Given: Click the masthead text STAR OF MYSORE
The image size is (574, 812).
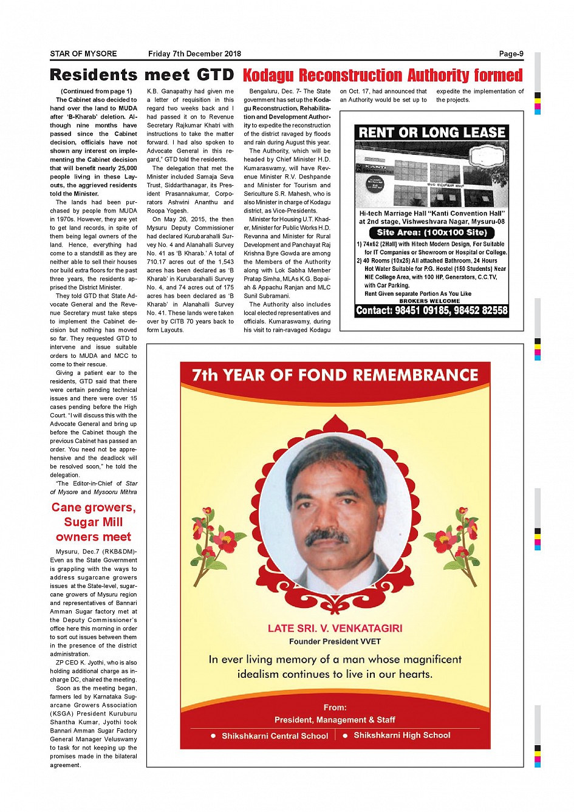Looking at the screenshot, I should click(83, 54).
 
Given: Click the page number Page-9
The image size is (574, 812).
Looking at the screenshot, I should click(511, 54).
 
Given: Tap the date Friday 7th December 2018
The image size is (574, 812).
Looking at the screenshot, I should click(194, 54).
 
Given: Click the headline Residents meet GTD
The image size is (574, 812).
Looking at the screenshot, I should click(142, 75).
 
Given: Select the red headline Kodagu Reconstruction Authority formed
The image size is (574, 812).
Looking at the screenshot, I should click(383, 75).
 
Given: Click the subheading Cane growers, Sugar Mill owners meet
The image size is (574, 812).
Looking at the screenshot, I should click(94, 522).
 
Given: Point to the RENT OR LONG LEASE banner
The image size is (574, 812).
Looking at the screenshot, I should click(432, 132).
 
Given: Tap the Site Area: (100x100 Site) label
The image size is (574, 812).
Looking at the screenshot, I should click(431, 233).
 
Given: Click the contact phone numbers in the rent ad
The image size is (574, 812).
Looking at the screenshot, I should click(432, 310).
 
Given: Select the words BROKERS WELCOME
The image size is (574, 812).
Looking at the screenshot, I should click(429, 301).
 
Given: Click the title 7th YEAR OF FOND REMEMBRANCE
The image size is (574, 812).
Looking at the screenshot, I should click(335, 375).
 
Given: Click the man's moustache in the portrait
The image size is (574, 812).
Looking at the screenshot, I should click(327, 537).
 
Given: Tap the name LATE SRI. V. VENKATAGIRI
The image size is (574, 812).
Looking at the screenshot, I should click(335, 629).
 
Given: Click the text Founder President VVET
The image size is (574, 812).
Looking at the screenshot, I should click(335, 641).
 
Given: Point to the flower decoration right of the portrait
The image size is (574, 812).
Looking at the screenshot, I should click(459, 535).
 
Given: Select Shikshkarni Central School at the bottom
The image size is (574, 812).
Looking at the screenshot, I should click(275, 736).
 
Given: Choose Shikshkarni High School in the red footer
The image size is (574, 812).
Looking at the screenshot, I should click(401, 735).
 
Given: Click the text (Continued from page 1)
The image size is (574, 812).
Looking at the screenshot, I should click(97, 91).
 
